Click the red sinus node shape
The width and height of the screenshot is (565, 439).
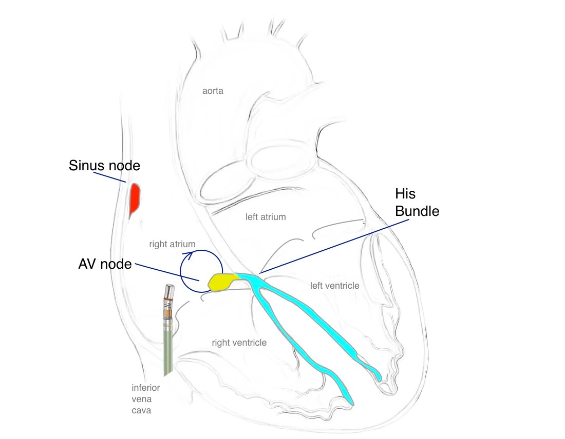(x=135, y=198)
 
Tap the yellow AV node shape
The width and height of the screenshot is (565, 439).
(x=222, y=282)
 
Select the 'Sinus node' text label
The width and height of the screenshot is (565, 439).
(x=105, y=166)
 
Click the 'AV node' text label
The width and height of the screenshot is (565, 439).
(x=105, y=264)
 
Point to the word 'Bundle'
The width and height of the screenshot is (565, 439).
(x=418, y=211)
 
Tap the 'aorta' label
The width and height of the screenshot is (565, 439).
(x=213, y=91)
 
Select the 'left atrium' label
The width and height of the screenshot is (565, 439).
(x=266, y=217)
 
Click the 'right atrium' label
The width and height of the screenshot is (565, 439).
(x=172, y=245)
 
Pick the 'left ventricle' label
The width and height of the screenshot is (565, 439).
(x=334, y=285)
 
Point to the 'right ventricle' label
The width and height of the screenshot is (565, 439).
(x=239, y=342)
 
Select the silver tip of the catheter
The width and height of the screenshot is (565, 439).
(x=168, y=292)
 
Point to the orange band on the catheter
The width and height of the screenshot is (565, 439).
(x=167, y=312)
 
